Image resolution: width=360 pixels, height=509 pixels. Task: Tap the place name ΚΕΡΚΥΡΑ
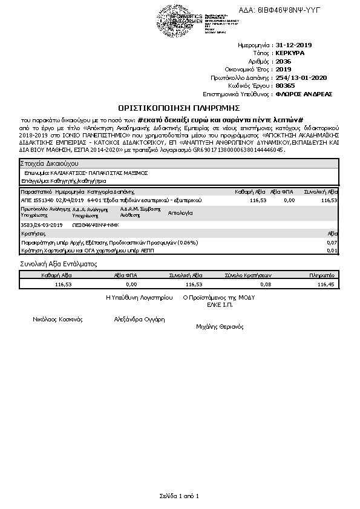point(290,53)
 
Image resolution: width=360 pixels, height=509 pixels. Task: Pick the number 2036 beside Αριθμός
point(283,61)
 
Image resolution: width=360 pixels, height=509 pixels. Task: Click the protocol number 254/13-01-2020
point(301,77)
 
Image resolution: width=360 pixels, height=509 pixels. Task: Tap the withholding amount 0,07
point(332,242)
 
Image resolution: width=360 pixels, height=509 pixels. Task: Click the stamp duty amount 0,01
point(332,249)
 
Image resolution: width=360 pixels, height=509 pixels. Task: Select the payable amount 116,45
point(326,283)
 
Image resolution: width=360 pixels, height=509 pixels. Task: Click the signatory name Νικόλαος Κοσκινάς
point(58,319)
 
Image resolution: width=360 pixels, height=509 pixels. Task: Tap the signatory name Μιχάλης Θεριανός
point(220,326)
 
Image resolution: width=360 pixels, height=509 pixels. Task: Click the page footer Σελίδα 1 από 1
point(180,496)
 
